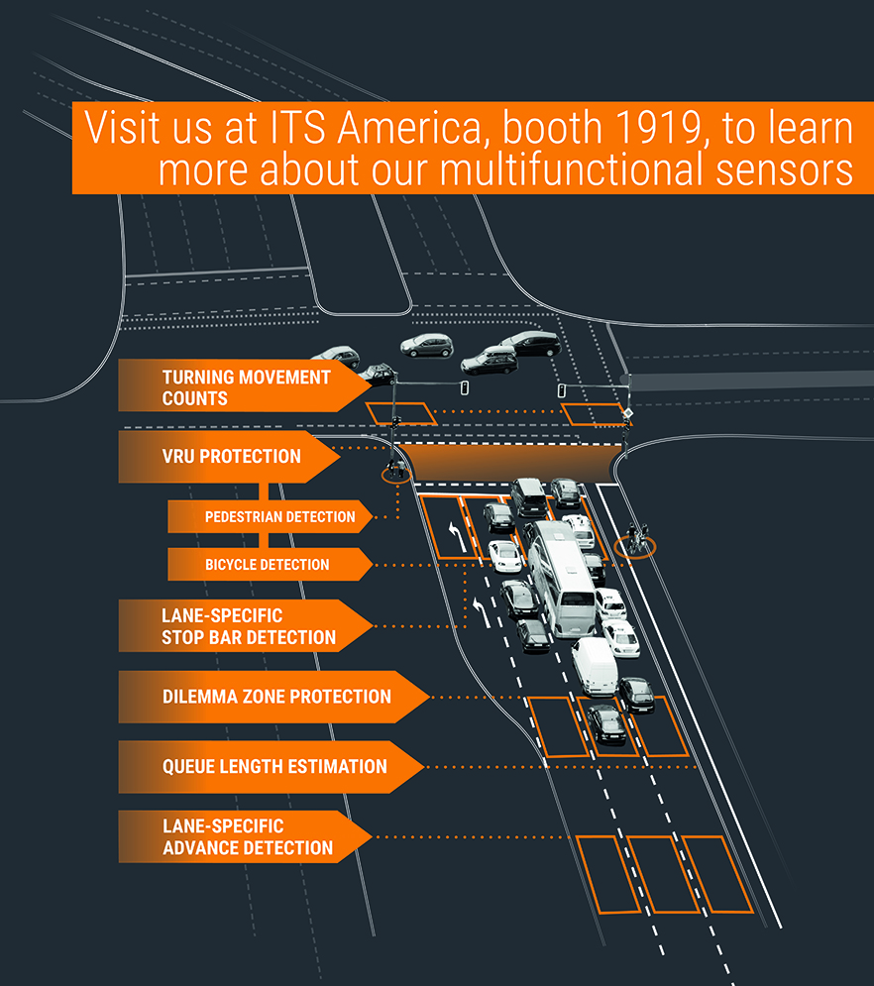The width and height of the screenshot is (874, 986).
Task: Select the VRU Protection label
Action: click(x=231, y=457)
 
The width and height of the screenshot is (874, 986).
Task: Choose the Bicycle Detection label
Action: click(x=268, y=565)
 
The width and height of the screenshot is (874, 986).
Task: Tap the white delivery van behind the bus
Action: click(x=595, y=665)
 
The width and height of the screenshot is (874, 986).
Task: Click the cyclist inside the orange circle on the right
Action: click(x=635, y=541)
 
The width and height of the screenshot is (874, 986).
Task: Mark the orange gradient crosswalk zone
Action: click(x=510, y=462)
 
